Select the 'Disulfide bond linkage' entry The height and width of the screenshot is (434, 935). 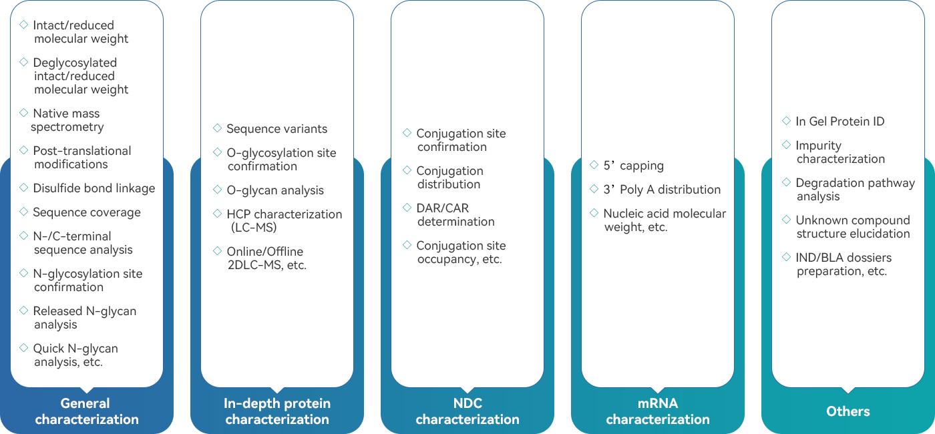coord(93,188)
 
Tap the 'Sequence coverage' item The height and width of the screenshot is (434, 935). coord(87,212)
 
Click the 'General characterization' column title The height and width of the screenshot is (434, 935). coord(87,411)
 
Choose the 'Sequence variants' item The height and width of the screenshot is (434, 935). coord(276,129)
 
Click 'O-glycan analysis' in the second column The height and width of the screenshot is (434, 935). coord(274,190)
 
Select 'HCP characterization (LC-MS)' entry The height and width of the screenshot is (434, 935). coord(284,221)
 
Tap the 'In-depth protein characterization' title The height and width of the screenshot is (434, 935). coord(277,411)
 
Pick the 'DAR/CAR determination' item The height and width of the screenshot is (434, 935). coord(455,215)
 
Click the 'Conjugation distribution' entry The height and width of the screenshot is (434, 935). coord(449,178)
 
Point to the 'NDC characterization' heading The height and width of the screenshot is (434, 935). coord(467,411)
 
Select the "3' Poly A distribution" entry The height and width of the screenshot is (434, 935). coord(661,190)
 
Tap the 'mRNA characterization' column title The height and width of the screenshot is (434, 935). coord(658,411)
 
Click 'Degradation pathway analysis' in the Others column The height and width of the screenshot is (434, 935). coord(855,190)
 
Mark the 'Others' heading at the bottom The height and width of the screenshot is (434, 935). coord(848,411)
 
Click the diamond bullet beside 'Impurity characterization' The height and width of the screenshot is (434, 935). coord(786,145)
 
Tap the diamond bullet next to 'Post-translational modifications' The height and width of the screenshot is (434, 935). coord(23,150)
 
